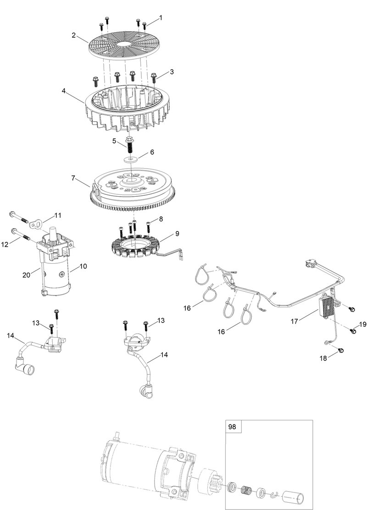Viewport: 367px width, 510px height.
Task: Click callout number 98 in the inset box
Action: (x=233, y=427)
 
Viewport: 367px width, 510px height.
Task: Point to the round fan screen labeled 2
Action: (x=122, y=44)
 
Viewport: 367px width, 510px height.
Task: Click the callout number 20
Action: (x=27, y=275)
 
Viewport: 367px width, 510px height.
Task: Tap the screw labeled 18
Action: (x=341, y=351)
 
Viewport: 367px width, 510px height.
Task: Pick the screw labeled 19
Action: (x=354, y=330)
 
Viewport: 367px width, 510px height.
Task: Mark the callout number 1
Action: (x=161, y=17)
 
